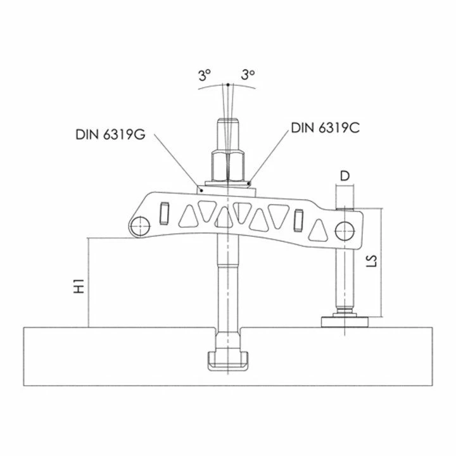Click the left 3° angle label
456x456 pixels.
click(203, 76)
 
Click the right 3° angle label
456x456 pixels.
click(248, 76)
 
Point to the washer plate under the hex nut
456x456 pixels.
click(225, 186)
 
